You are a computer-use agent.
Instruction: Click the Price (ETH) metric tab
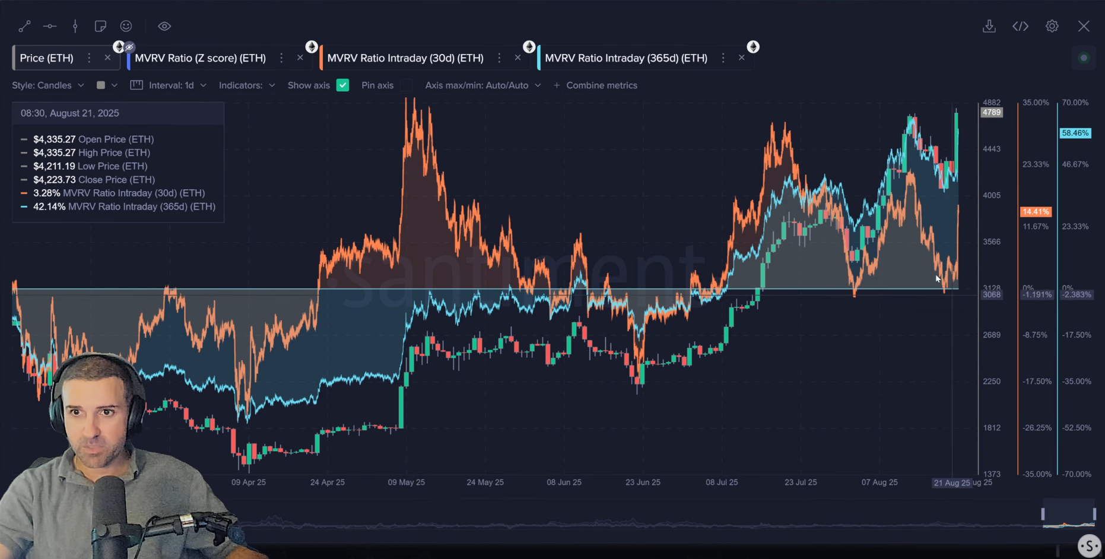47,58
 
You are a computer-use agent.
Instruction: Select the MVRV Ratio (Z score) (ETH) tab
200,58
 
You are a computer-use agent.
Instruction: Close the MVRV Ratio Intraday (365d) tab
741,58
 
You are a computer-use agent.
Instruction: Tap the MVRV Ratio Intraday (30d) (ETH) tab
405,58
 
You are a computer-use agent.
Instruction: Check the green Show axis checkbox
342,85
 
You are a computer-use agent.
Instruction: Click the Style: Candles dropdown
48,85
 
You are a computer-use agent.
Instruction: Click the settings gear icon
1052,26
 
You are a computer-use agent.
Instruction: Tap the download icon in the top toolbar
989,26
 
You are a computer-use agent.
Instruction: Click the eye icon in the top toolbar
164,26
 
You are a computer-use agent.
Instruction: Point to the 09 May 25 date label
406,482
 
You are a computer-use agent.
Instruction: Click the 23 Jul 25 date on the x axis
801,482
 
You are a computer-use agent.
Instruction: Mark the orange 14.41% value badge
1036,212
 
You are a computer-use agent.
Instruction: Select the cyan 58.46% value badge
1075,133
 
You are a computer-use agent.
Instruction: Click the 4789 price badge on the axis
991,112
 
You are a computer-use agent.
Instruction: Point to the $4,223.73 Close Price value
54,180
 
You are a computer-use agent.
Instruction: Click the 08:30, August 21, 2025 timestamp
69,113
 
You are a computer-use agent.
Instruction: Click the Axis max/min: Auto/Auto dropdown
482,85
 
